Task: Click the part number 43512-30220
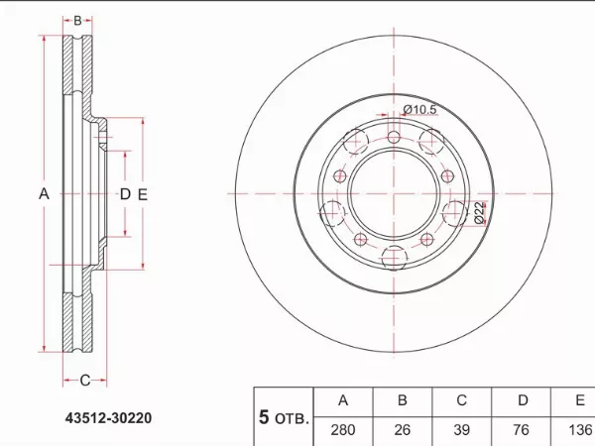pyautogui.click(x=108, y=418)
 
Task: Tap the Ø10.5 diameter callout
pyautogui.click(x=419, y=110)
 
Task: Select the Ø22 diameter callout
pyautogui.click(x=479, y=213)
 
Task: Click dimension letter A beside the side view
pyautogui.click(x=44, y=194)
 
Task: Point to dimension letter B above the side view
pyautogui.click(x=77, y=21)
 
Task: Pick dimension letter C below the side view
pyautogui.click(x=85, y=380)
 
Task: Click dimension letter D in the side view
pyautogui.click(x=125, y=194)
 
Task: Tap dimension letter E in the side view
pyautogui.click(x=142, y=194)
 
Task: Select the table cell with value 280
pyautogui.click(x=343, y=431)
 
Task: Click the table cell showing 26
pyautogui.click(x=403, y=431)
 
